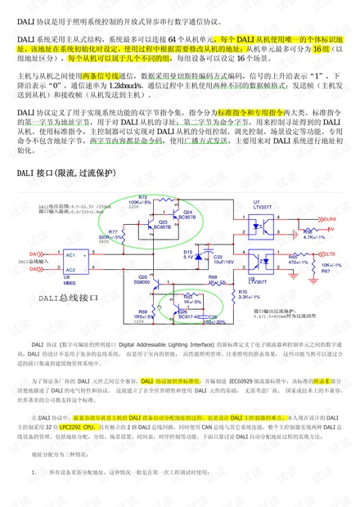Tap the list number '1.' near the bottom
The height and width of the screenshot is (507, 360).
pyautogui.click(x=33, y=473)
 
